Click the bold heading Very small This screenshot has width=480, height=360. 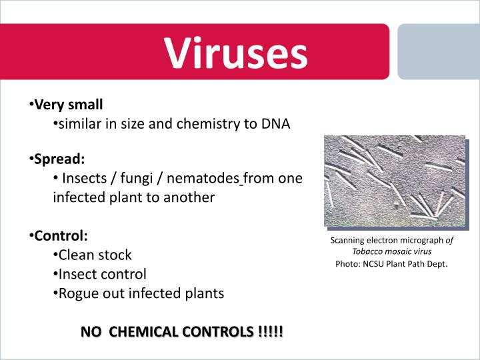(x=69, y=105)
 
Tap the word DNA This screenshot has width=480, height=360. (x=276, y=124)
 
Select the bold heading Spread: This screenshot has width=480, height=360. (x=60, y=159)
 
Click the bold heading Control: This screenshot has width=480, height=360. (x=61, y=235)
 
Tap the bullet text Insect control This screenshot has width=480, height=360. (x=102, y=274)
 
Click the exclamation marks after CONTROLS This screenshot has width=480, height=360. (x=269, y=331)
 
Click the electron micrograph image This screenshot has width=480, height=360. (x=395, y=181)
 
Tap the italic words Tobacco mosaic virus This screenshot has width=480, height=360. (x=391, y=252)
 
